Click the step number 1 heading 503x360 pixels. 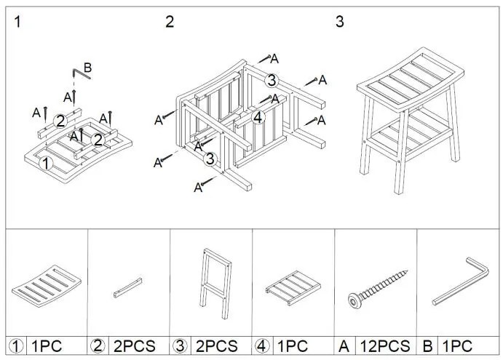coord(17,22)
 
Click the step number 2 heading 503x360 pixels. coord(170,22)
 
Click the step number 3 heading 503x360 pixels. coord(340,22)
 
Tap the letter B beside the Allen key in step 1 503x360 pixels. coord(87,68)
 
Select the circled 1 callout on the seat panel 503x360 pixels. coord(46,164)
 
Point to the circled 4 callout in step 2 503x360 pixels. coord(258,118)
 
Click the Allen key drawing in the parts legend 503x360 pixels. coord(461,281)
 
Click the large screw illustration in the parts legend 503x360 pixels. coord(378,289)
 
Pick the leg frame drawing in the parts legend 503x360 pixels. coord(215,284)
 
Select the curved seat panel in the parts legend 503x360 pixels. coord(47,286)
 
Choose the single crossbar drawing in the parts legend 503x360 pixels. coord(127,287)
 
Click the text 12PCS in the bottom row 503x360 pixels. coord(385,346)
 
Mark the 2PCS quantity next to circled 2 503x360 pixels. coord(135,346)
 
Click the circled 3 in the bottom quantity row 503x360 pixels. coord(180,346)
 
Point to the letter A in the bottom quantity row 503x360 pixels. coord(344,346)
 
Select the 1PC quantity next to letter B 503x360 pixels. coord(457,346)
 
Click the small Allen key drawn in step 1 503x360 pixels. coord(81,74)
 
